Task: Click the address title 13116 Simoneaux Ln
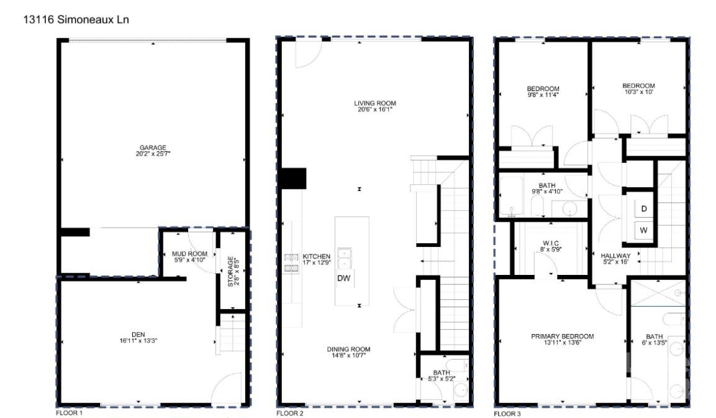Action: pyautogui.click(x=76, y=20)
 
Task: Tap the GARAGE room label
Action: pyautogui.click(x=152, y=147)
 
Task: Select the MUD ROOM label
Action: pyautogui.click(x=189, y=254)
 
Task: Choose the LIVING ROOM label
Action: pyautogui.click(x=374, y=103)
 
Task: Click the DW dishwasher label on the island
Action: pyautogui.click(x=343, y=279)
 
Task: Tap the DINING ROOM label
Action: pyautogui.click(x=348, y=350)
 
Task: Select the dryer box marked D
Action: pyautogui.click(x=644, y=210)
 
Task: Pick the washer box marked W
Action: pyautogui.click(x=644, y=231)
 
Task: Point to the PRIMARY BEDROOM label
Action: pyautogui.click(x=562, y=337)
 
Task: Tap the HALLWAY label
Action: pyautogui.click(x=615, y=256)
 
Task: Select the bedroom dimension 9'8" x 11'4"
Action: pyautogui.click(x=543, y=95)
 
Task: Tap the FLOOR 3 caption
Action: pyautogui.click(x=507, y=413)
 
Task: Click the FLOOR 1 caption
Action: pyautogui.click(x=69, y=413)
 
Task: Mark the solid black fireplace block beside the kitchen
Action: pyautogui.click(x=292, y=179)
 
